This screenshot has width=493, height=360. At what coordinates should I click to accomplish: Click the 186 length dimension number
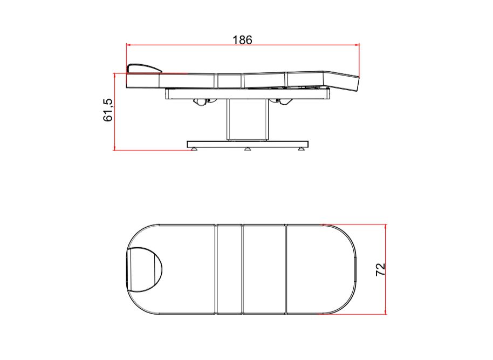242,40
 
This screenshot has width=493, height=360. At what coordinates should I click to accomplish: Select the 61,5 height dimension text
108,111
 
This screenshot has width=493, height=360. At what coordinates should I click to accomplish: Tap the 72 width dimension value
380,270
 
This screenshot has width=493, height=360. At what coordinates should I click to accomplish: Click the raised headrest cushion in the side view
143,67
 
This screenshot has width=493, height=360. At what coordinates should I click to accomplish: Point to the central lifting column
248,119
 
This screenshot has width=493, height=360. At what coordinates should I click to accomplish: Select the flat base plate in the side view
248,144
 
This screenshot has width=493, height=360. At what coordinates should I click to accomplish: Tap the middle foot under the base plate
248,149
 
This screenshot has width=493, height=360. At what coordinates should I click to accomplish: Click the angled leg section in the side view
344,83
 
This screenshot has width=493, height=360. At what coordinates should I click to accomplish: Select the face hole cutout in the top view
145,269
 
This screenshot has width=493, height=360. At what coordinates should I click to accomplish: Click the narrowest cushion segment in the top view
229,269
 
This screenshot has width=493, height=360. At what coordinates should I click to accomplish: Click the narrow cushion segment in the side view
229,80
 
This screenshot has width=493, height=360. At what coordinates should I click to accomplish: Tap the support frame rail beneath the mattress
248,94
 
